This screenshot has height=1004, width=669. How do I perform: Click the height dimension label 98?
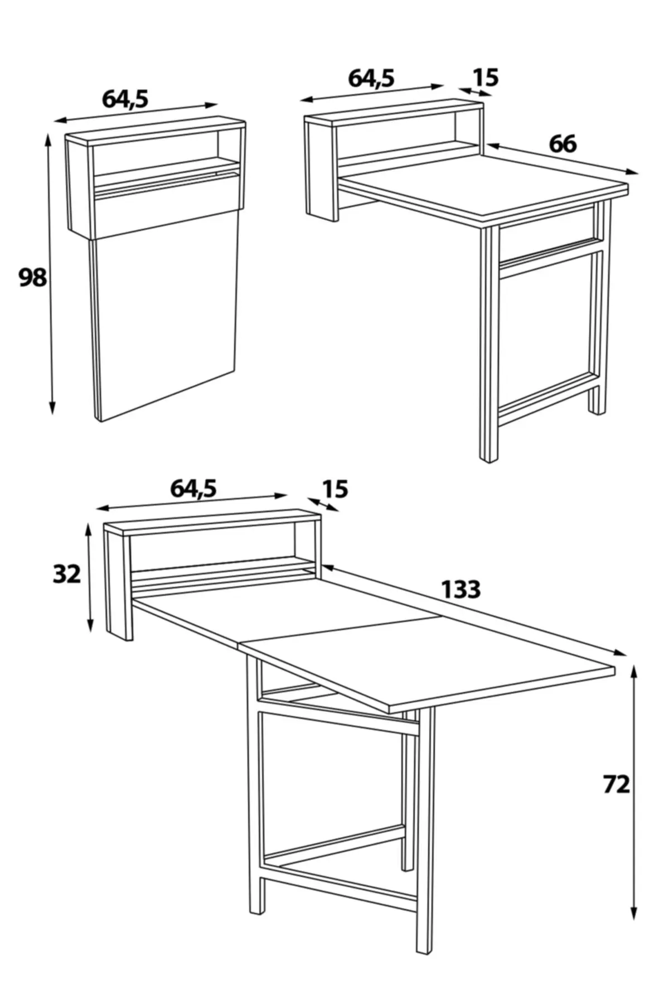32,277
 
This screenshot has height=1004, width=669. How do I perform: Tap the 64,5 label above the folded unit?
125,99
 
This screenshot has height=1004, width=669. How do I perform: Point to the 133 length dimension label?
460,589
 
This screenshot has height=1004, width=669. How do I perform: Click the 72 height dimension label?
616,785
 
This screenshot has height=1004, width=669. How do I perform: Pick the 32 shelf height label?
66,573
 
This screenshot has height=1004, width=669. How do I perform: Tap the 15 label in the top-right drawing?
485,78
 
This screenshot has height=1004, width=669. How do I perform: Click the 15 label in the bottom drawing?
334,489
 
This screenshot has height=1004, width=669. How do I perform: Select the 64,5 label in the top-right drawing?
371,79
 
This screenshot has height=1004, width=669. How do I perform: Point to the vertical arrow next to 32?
89,577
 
